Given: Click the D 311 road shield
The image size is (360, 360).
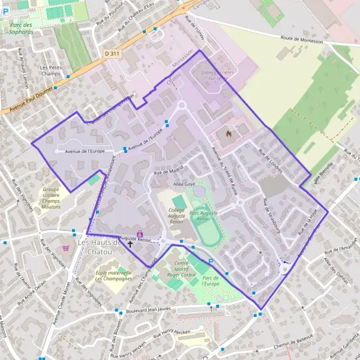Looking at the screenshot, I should pos(112,53).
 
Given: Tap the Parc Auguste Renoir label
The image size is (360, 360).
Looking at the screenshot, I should pos(203,215).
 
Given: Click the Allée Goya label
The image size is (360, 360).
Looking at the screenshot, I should pos(184,185).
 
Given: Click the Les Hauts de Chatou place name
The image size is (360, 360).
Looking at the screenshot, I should pos(100,246).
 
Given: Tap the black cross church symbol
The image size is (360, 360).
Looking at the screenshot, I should pos(130,244).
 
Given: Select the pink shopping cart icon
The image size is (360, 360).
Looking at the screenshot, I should pos(65,247).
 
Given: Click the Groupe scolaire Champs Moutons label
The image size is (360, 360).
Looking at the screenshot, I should pos(55,197).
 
